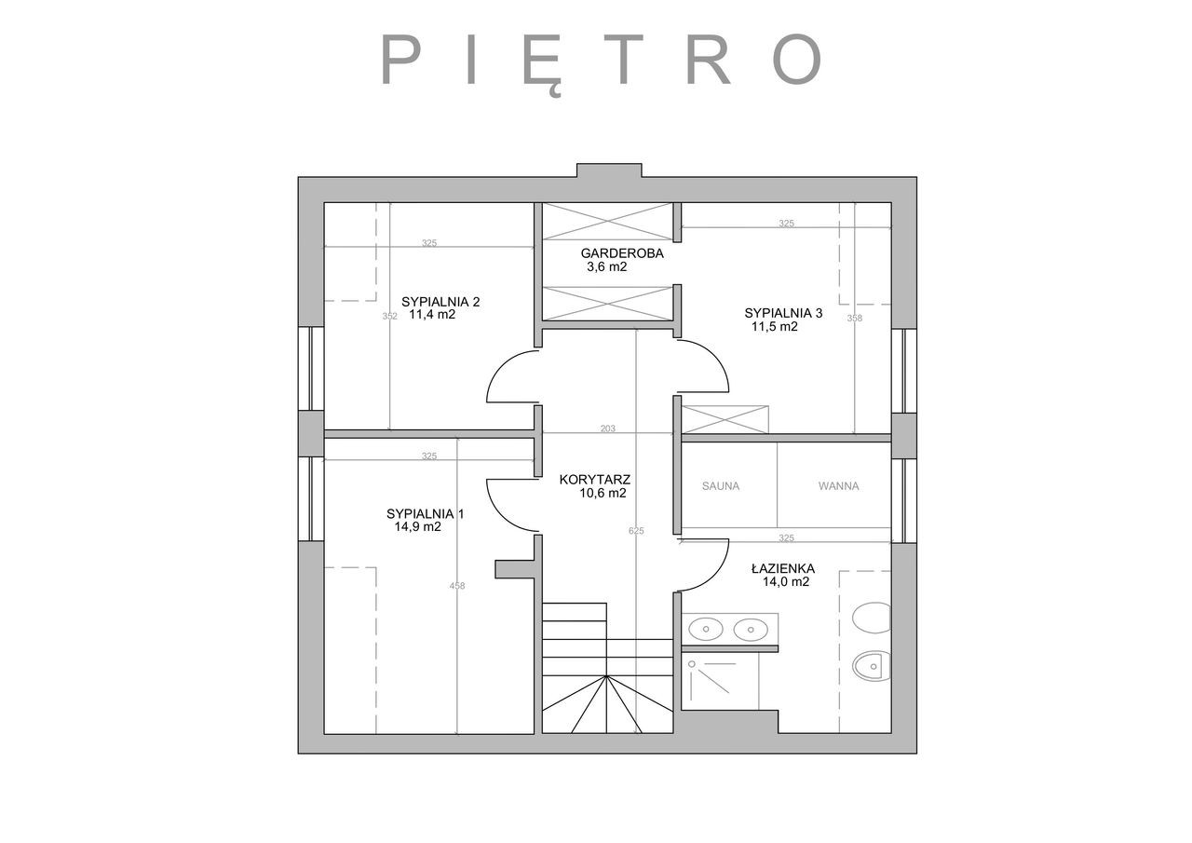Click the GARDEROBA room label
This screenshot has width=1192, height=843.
pyautogui.click(x=622, y=253)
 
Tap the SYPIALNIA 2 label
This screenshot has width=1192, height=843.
pyautogui.click(x=440, y=302)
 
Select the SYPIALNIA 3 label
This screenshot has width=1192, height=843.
pyautogui.click(x=783, y=313)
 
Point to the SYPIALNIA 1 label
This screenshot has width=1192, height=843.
pyautogui.click(x=426, y=513)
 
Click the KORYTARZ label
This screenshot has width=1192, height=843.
pyautogui.click(x=595, y=480)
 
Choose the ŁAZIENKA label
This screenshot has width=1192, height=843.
pyautogui.click(x=783, y=568)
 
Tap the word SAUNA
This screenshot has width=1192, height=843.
pyautogui.click(x=721, y=486)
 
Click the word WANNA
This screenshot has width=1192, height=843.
pyautogui.click(x=839, y=486)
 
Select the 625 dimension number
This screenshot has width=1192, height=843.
pyautogui.click(x=636, y=531)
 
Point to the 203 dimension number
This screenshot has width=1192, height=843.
pyautogui.click(x=608, y=428)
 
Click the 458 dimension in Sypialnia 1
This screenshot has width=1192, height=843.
pyautogui.click(x=457, y=586)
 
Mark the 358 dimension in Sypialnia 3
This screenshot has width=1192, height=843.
pyautogui.click(x=855, y=319)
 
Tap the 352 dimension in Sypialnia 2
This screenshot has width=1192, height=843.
pyautogui.click(x=390, y=316)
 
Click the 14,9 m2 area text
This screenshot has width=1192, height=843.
pyautogui.click(x=418, y=527)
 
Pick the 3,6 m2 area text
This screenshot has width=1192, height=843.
pyautogui.click(x=606, y=266)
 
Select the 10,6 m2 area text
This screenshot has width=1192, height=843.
pyautogui.click(x=603, y=493)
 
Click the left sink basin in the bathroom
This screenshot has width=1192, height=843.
pyautogui.click(x=706, y=629)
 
